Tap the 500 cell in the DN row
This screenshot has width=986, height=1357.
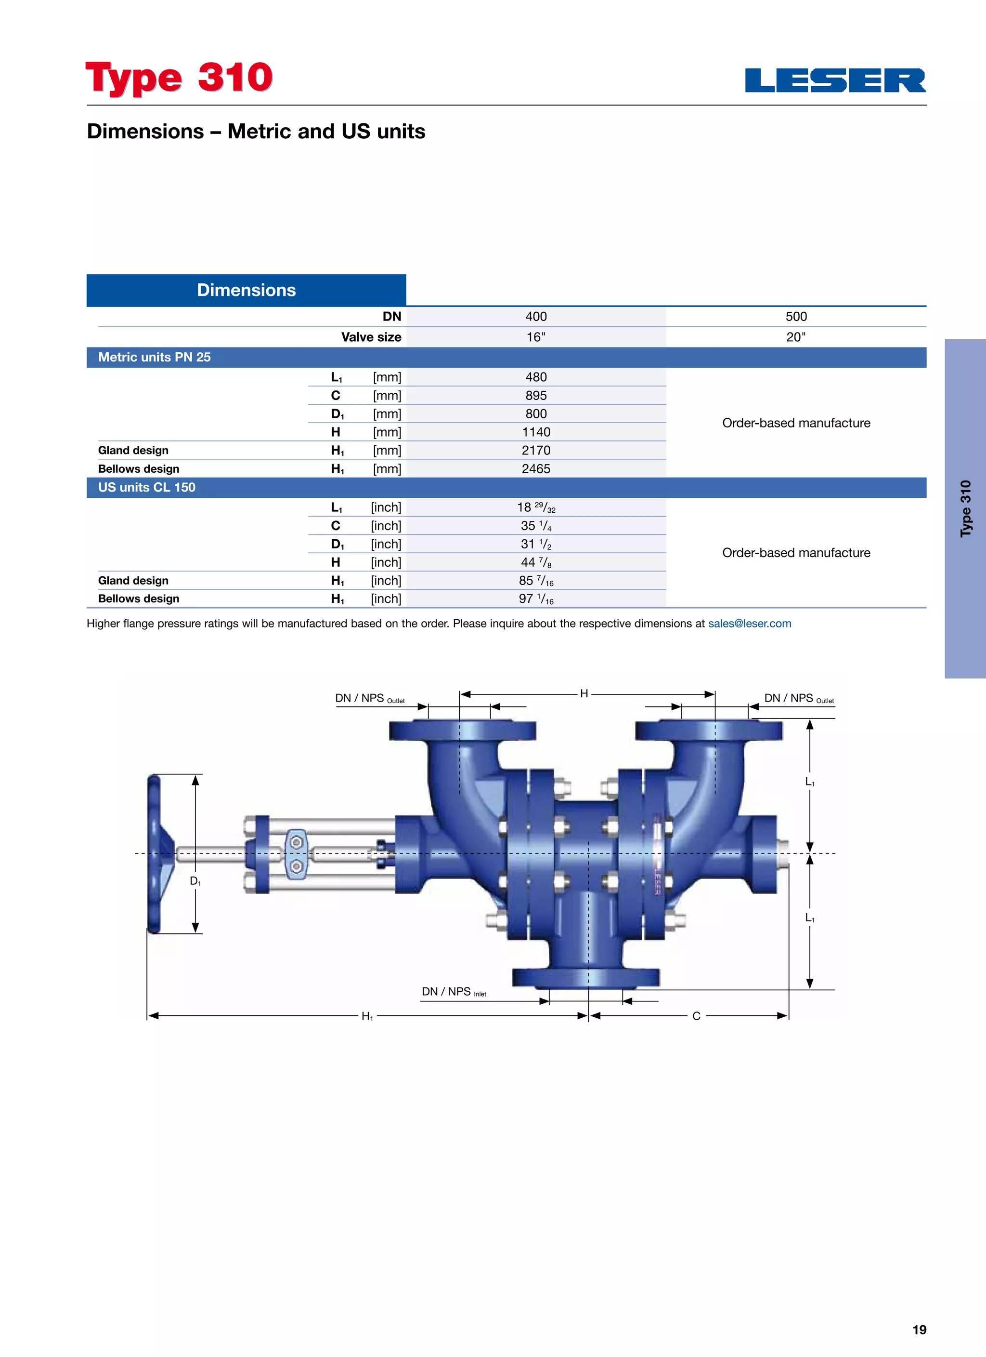pos(795,317)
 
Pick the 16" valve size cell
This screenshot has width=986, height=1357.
pos(536,337)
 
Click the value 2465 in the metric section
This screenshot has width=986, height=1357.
pos(536,468)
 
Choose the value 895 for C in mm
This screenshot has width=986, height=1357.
pos(536,396)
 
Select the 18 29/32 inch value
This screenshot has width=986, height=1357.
pos(536,507)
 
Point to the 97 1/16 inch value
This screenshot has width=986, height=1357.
pos(536,599)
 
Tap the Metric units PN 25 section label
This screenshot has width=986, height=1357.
pos(154,357)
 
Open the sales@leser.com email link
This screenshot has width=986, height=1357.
pos(749,624)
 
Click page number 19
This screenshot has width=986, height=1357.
pos(919,1330)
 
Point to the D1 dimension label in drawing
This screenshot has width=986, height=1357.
pos(195,881)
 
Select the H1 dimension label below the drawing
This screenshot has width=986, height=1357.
pos(366,1016)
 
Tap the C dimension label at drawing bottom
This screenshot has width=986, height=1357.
pos(696,1016)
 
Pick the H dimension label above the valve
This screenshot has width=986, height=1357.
pos(584,693)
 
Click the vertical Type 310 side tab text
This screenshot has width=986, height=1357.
pos(966,508)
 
